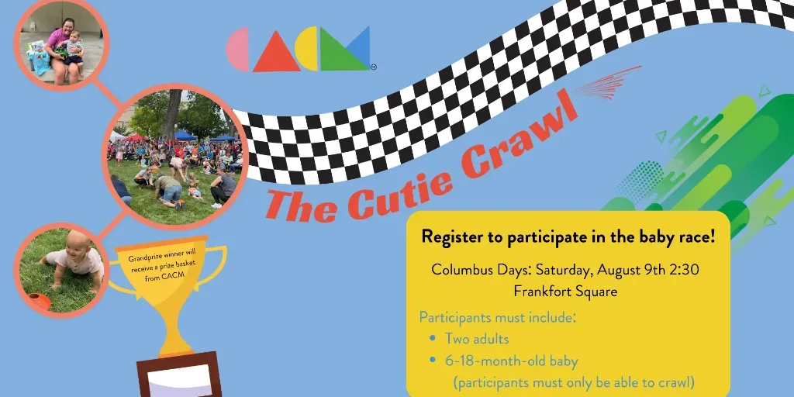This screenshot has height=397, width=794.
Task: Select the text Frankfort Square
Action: click(x=565, y=292)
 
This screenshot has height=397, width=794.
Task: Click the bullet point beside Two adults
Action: click(x=432, y=338)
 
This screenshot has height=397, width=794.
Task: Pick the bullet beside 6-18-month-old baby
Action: click(x=432, y=361)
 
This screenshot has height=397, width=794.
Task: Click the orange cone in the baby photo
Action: click(x=39, y=301)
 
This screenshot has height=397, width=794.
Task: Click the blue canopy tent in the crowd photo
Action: click(x=185, y=135)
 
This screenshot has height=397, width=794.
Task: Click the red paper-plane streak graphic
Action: click(x=608, y=82)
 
